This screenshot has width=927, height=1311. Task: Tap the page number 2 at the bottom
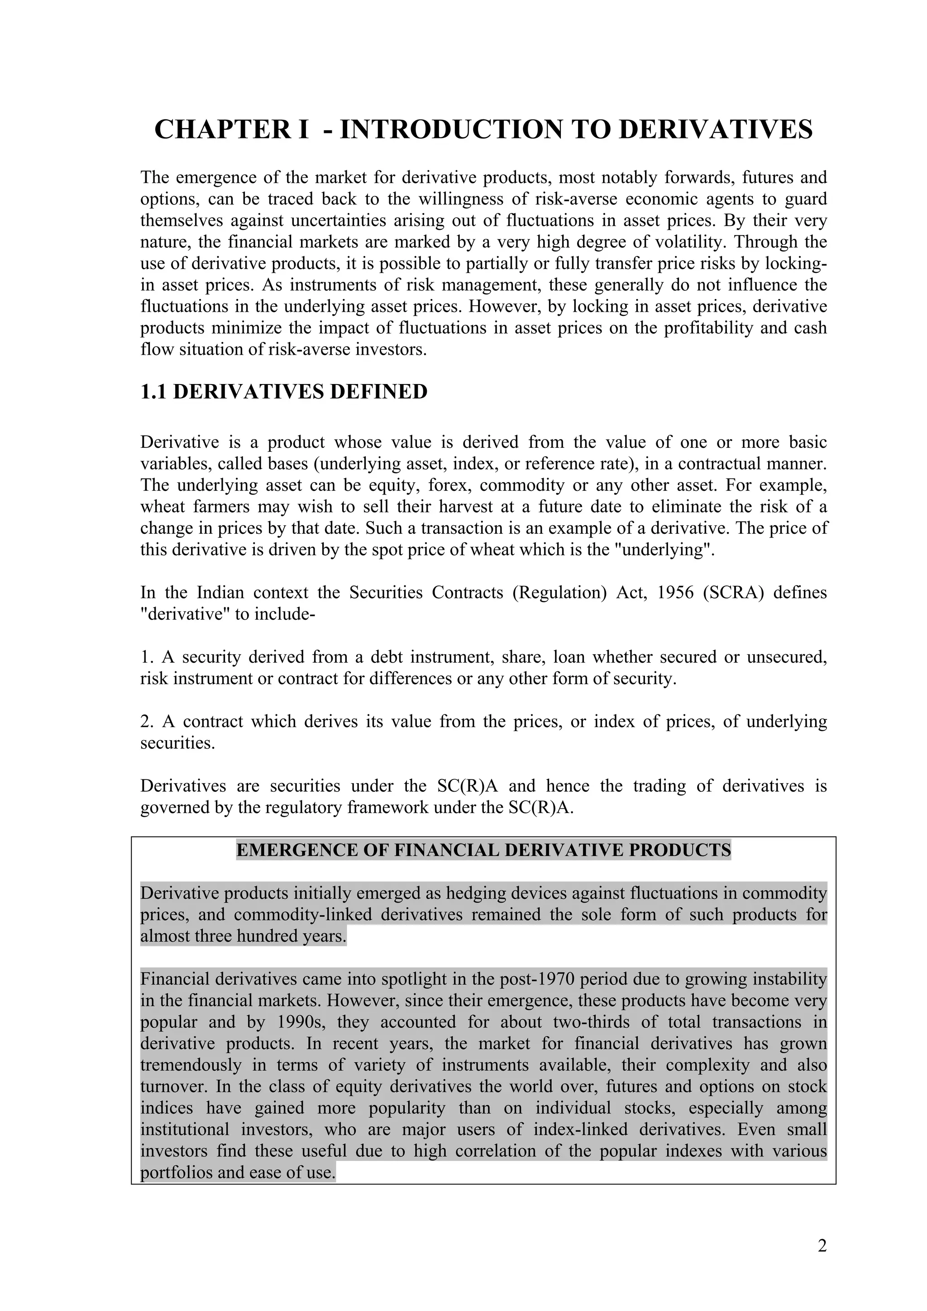click(822, 1245)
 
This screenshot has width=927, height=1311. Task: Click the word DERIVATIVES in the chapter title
click(716, 130)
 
